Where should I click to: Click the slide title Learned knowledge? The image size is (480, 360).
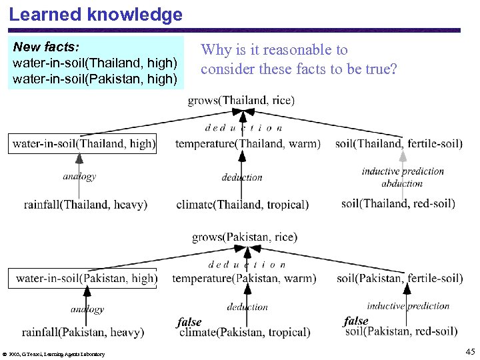pos(95,15)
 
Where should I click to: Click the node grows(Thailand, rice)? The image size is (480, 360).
pos(241,101)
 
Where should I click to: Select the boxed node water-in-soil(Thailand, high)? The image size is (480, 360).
pos(83,143)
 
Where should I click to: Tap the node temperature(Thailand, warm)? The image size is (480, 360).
pos(247,143)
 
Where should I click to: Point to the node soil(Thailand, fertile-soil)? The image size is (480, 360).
pos(399,143)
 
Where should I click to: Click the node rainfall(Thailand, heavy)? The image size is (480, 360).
pos(85,205)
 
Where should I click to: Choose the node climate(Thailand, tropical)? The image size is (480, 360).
pos(242,205)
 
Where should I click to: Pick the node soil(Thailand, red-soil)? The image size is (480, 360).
pos(398,203)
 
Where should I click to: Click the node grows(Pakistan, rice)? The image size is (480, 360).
pos(245,237)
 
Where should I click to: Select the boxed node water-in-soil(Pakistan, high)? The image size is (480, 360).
pos(86,278)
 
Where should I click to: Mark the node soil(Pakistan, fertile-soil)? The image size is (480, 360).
pos(399,278)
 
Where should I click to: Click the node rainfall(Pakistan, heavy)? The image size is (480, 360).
pos(83,332)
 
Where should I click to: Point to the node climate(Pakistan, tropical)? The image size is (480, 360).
pos(245,332)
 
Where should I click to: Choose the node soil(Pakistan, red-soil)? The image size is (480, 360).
pos(400,331)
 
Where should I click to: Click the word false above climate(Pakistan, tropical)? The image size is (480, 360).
pos(189,323)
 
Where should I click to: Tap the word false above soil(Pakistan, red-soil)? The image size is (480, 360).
pos(356,321)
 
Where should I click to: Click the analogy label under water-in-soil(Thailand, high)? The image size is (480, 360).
pos(79,177)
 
